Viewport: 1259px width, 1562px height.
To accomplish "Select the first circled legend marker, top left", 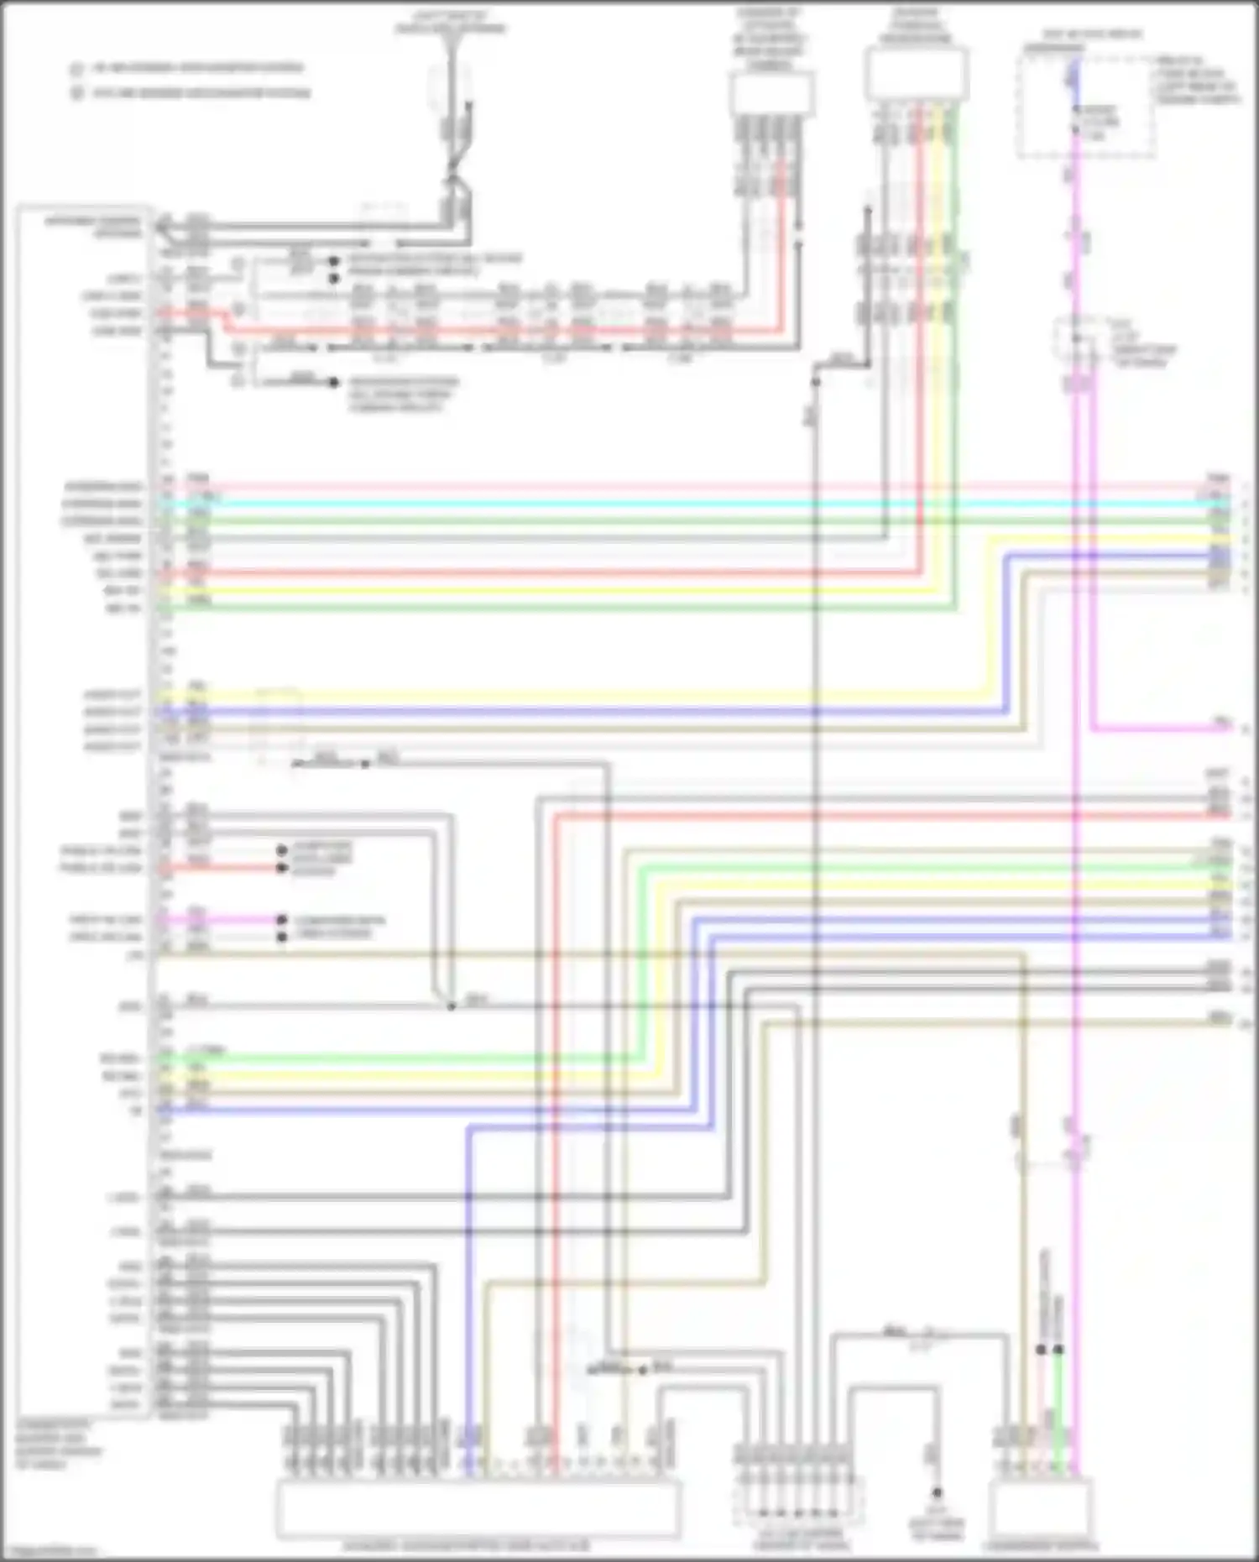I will click(x=76, y=69).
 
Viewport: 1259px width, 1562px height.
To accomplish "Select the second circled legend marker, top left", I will click(x=76, y=93).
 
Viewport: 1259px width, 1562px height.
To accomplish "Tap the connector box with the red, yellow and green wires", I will click(x=916, y=75).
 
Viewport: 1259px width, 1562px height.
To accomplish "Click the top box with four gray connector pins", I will click(x=771, y=92).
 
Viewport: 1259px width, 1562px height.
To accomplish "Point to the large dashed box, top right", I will click(x=1086, y=105).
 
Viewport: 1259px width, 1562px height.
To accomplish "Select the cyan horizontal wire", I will click(x=671, y=504).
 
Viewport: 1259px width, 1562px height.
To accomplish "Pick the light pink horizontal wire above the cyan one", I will click(x=671, y=487).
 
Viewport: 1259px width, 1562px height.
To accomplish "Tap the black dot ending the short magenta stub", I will click(x=282, y=920).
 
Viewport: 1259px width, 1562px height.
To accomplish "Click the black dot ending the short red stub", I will click(x=282, y=868).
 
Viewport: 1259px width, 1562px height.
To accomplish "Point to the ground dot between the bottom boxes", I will click(x=937, y=1492).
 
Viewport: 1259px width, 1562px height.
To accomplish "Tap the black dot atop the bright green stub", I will click(x=1058, y=1350).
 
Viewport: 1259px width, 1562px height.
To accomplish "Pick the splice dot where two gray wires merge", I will click(x=451, y=1006).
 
